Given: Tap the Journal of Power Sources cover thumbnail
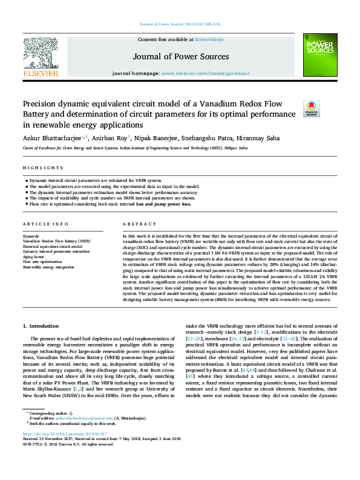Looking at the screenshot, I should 320,55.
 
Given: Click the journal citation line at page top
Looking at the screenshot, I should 180,24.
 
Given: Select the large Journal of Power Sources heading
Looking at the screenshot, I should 180,57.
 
